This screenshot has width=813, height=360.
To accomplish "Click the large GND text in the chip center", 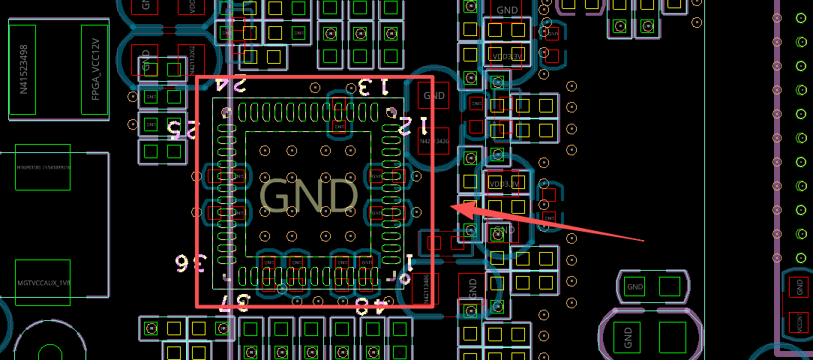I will (x=308, y=196).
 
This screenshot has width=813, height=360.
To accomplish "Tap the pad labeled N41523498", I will (x=24, y=69).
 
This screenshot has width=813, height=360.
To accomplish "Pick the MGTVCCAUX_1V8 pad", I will (x=43, y=283).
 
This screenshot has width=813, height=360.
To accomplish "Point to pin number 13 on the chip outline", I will (x=373, y=87).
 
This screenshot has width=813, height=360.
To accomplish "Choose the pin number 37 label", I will (x=233, y=304).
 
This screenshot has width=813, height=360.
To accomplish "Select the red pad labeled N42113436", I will (x=433, y=141).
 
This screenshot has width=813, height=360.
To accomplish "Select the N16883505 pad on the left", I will (x=43, y=166).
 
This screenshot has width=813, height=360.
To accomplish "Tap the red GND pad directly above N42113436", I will (x=434, y=95).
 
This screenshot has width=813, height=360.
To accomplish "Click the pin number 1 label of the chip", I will (x=409, y=262).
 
